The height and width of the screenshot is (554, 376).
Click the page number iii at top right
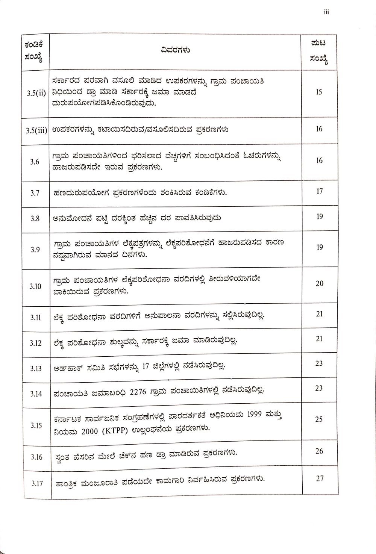click(x=326, y=12)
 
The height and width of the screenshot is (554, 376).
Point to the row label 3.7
click(x=35, y=193)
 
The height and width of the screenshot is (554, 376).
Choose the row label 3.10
click(x=36, y=286)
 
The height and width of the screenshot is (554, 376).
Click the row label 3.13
click(x=36, y=368)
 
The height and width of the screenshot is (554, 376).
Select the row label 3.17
click(x=37, y=483)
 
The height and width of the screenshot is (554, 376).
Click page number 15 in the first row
click(x=319, y=92)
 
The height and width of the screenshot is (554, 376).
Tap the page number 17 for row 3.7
click(x=319, y=191)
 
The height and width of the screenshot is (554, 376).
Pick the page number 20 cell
click(x=319, y=283)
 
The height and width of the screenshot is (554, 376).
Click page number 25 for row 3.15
click(x=319, y=419)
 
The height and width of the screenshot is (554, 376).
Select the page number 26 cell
click(x=319, y=451)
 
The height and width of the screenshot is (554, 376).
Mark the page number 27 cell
click(x=320, y=478)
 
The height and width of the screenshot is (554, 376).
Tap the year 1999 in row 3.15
click(x=256, y=415)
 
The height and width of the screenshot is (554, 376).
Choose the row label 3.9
click(x=35, y=250)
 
